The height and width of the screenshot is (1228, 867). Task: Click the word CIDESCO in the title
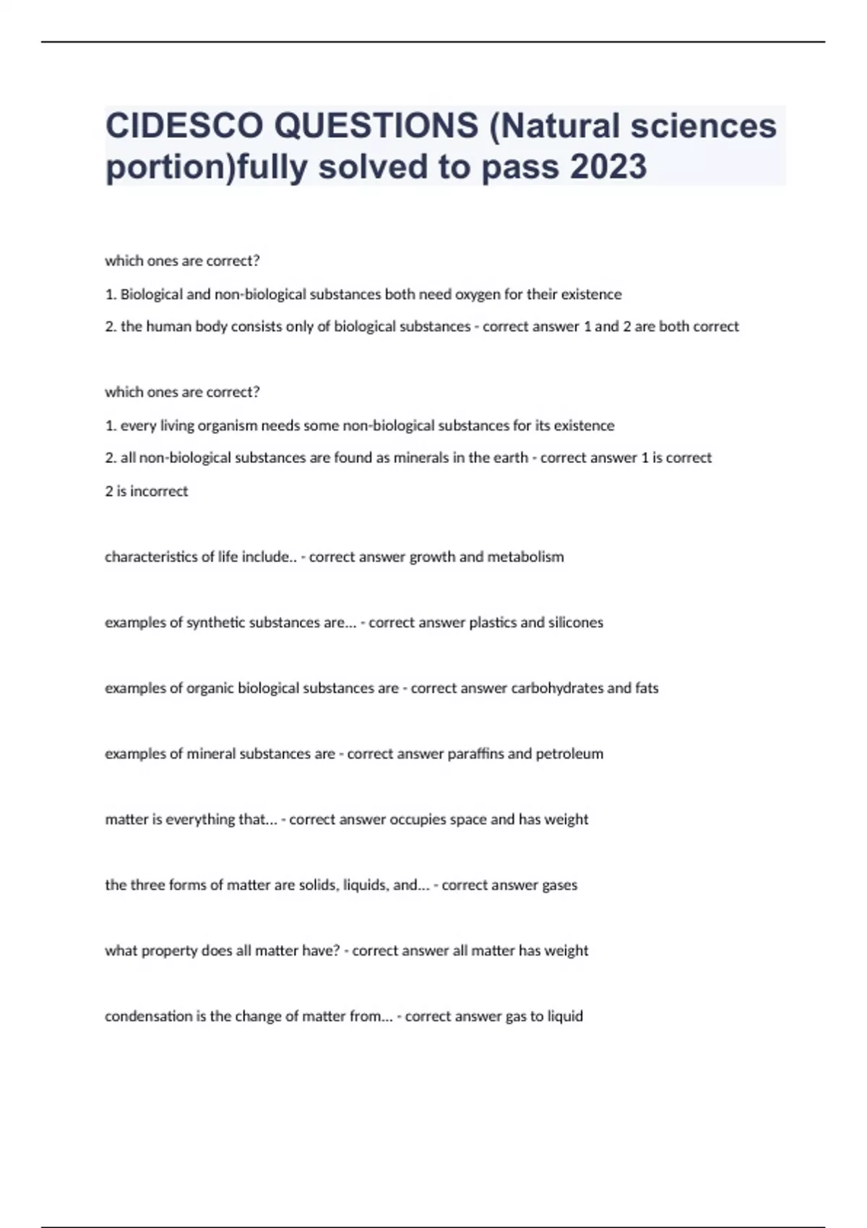pyautogui.click(x=184, y=126)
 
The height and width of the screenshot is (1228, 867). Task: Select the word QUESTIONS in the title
pyautogui.click(x=376, y=126)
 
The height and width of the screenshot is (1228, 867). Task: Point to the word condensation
pyautogui.click(x=148, y=1016)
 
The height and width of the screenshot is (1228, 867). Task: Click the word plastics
pyautogui.click(x=494, y=623)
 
